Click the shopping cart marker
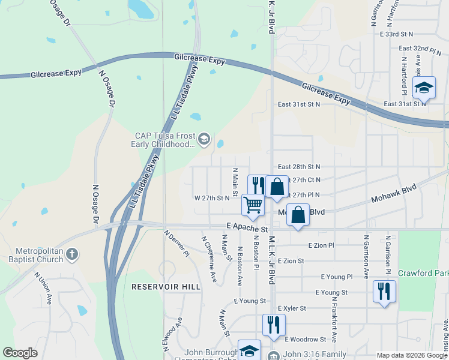253,205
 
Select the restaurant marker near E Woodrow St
273,325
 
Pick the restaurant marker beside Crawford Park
384,291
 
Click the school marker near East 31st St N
424,89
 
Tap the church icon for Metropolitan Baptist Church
72,254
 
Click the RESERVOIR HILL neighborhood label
166,287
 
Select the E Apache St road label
247,229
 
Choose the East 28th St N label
299,166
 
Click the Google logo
20,353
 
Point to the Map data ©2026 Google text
411,355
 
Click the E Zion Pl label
321,245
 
